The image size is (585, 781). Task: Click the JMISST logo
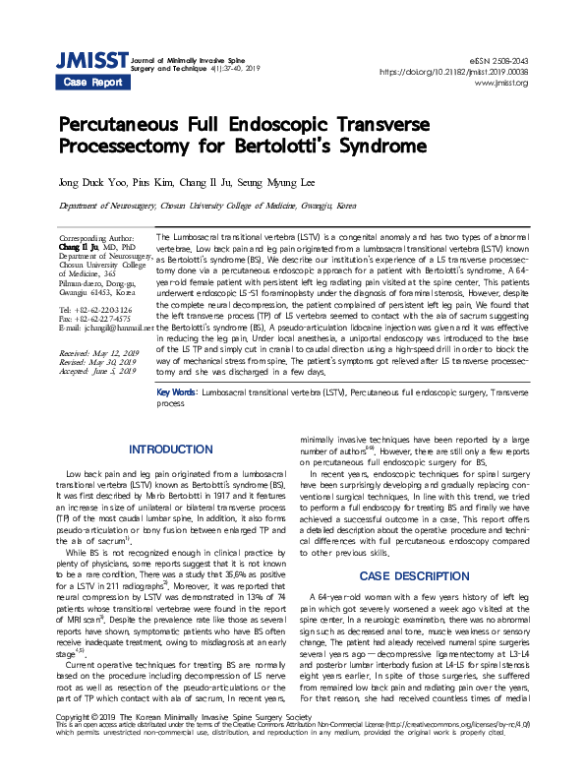pos(91,62)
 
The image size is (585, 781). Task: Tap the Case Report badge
pos(92,83)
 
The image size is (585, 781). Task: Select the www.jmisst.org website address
pos(500,83)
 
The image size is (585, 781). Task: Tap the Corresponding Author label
pos(96,239)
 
